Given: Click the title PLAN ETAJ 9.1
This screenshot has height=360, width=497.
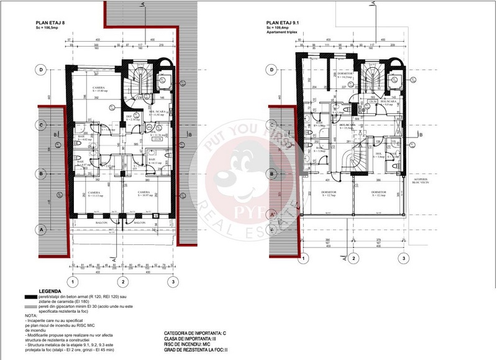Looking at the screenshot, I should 283,23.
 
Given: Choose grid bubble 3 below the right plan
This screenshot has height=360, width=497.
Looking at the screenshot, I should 404,257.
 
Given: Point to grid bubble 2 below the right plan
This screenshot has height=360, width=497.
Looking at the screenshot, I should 352,257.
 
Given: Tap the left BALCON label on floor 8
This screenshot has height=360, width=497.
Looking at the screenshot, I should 102,222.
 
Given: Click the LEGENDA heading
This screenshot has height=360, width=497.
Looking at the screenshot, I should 50,291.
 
